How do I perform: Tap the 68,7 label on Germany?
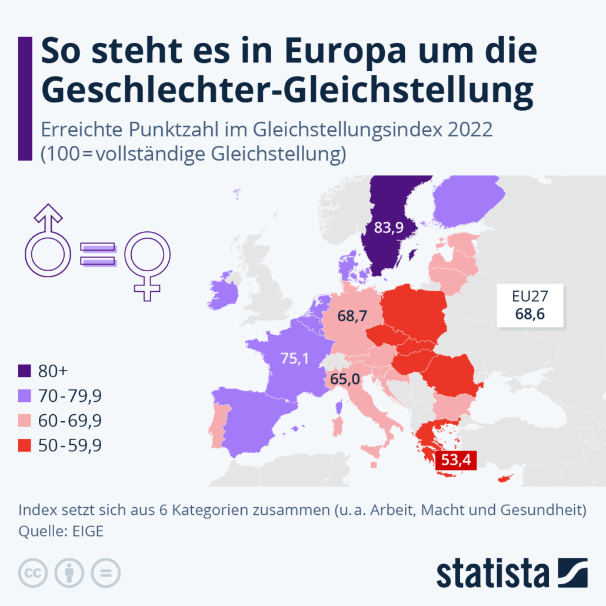tap(352, 316)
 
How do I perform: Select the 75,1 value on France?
tap(294, 359)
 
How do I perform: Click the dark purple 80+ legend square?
tap(25, 371)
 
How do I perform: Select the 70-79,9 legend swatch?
tap(25, 396)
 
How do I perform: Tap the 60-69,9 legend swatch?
tap(25, 421)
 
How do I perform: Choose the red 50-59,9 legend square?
tap(25, 445)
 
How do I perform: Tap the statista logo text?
tap(492, 574)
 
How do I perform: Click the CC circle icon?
tap(34, 572)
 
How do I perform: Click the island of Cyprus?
tap(505, 478)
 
